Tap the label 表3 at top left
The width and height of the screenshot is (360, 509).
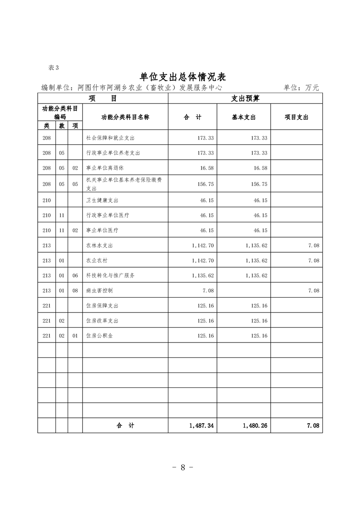(53, 68)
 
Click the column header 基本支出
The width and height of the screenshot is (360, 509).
(244, 117)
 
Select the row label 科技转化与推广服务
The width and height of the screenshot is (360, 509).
(110, 275)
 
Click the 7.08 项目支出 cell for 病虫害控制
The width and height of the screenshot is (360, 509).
(313, 290)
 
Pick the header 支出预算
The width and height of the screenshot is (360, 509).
(245, 98)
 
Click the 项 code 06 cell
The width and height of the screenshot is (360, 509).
(75, 275)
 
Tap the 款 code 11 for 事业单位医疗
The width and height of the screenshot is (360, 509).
(62, 230)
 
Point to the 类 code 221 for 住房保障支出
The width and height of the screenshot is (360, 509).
(46, 306)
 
